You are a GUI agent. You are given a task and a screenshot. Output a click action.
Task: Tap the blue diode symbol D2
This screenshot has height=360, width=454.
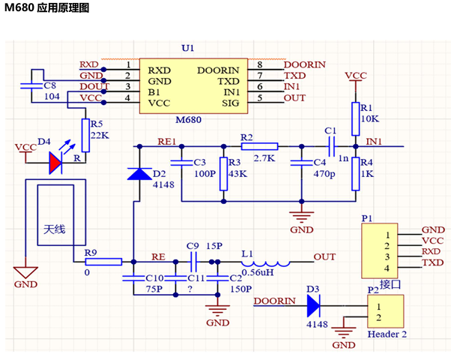(139, 174)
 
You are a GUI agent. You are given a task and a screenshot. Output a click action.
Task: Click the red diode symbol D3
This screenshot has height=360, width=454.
(313, 304)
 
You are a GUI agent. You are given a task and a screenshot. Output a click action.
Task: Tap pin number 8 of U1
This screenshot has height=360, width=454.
(259, 64)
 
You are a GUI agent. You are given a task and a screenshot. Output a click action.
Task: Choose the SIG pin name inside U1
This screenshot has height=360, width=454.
(228, 98)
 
